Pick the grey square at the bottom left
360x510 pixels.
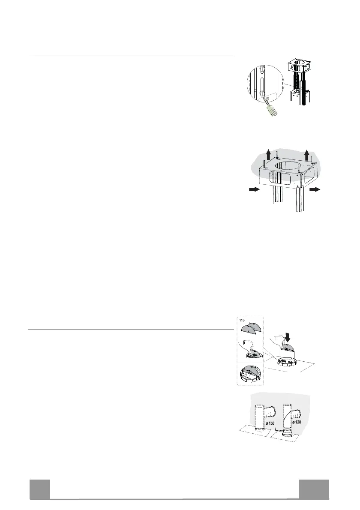[39, 489]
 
